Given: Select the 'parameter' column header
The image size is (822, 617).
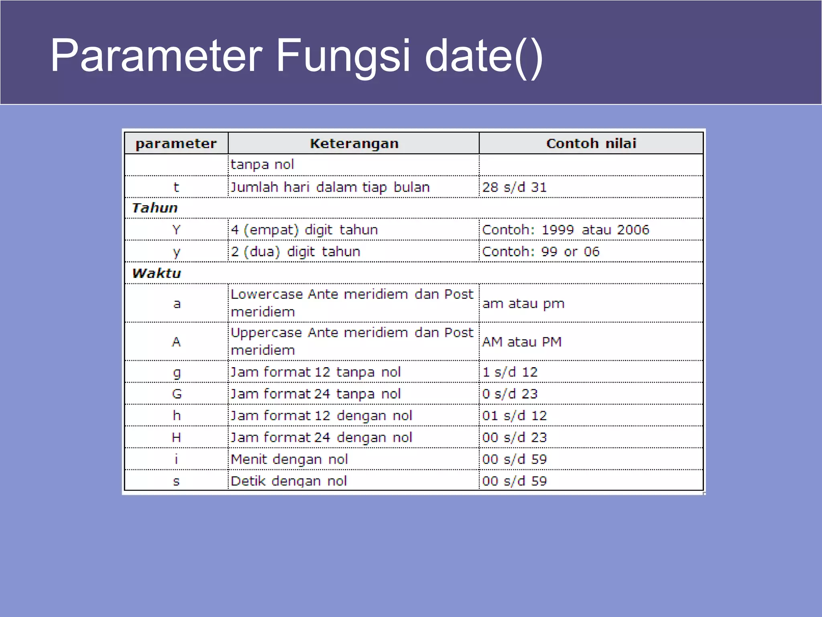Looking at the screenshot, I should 176,143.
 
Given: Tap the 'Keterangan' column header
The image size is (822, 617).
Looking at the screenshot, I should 354,143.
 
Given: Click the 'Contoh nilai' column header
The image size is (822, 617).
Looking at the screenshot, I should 591,143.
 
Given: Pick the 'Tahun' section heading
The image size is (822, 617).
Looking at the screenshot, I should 155,208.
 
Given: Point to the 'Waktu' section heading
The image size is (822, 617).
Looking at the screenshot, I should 157,273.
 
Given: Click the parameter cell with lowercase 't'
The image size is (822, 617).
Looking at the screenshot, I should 176,187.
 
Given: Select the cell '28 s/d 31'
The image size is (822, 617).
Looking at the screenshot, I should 514,187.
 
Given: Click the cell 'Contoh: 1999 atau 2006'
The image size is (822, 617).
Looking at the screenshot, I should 565,230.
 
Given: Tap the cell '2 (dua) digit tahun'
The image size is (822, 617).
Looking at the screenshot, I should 295,251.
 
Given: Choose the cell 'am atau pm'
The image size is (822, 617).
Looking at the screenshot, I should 523,303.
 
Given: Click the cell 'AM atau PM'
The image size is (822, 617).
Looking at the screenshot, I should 522,342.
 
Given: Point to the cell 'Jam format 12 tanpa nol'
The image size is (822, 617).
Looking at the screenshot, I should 315,372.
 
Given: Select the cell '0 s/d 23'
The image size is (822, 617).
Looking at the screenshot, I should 510,394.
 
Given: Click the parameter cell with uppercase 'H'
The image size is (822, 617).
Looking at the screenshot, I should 176,437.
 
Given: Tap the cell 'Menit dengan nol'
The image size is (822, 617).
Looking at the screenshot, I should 289,459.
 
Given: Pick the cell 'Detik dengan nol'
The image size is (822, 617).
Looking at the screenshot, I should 289,481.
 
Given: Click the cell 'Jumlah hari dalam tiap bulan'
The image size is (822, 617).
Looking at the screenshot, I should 330,187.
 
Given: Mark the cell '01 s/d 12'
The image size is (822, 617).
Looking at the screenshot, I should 514,415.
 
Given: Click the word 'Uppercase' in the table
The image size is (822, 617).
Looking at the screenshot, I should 266,333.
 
